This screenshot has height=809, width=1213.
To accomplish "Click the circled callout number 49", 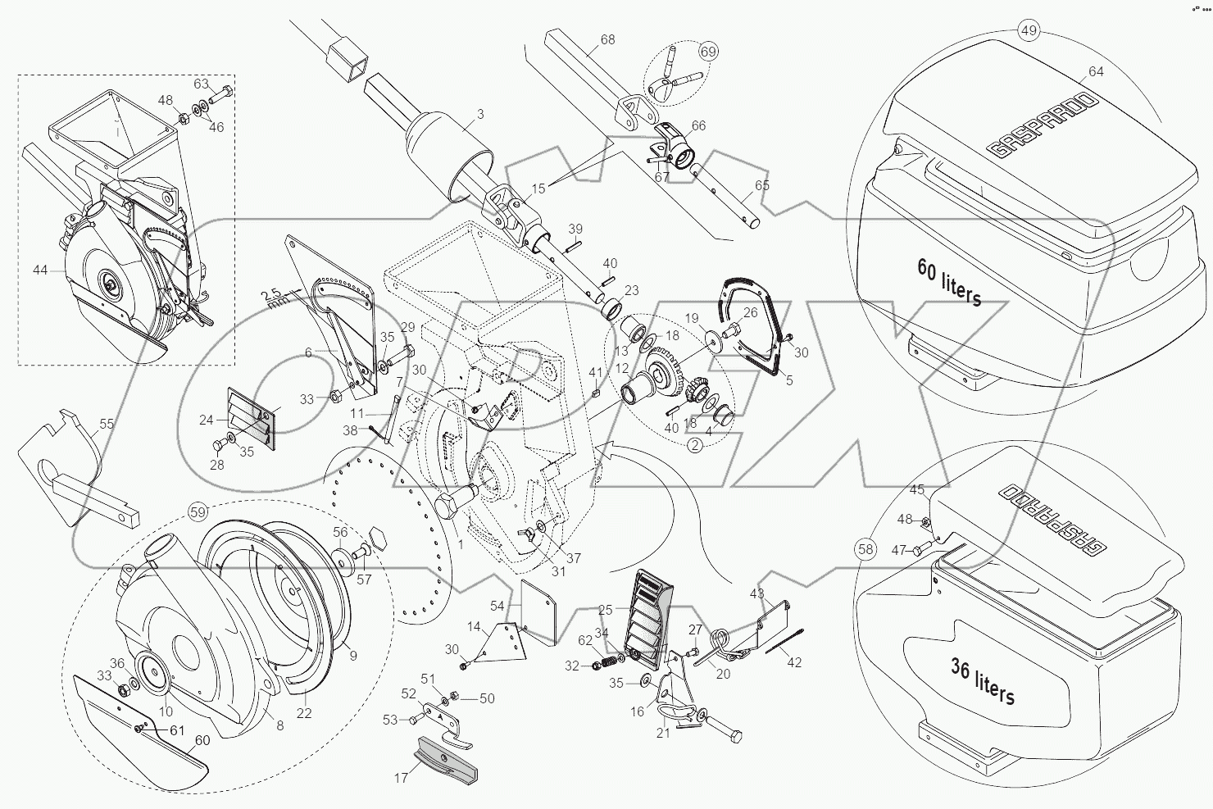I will click(x=1029, y=31).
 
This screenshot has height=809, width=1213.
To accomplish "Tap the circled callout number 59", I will click(x=198, y=512).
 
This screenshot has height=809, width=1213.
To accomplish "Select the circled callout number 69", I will click(x=708, y=52).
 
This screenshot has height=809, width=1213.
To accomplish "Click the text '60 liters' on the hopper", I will click(x=949, y=281).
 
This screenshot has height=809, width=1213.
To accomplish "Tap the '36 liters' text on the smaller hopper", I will click(x=983, y=682).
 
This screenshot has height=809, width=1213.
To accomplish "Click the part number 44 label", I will click(x=40, y=269).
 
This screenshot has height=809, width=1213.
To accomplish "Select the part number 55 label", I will click(x=107, y=424).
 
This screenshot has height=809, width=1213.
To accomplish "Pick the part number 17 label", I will click(x=401, y=778).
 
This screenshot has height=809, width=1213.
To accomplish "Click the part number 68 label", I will click(x=607, y=39).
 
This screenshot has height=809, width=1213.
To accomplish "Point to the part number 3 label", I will click(x=481, y=115).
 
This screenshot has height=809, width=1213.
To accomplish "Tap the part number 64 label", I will click(x=1096, y=71).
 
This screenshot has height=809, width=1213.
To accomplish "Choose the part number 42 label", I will click(x=793, y=662).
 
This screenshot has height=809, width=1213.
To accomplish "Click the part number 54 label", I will click(x=497, y=605).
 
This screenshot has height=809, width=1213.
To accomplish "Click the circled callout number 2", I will click(x=694, y=445).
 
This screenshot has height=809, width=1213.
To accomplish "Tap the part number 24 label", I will click(x=206, y=420).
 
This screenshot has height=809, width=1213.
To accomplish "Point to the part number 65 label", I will click(x=762, y=186).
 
